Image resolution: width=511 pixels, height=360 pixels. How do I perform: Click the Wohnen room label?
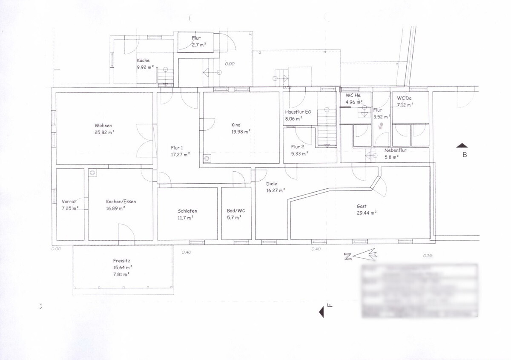tap(103, 126)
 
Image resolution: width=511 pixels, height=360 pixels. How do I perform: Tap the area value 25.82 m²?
tap(104, 132)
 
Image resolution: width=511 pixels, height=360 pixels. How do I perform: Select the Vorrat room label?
tap(69, 202)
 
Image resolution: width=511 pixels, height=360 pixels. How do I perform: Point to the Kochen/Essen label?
tap(121, 202)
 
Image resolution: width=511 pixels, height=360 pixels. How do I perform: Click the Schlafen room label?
tap(187, 211)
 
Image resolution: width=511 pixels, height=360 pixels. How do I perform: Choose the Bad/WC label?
tap(236, 211)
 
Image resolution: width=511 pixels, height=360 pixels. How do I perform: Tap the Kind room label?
tap(236, 125)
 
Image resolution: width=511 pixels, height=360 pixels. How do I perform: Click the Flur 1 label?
tap(178, 148)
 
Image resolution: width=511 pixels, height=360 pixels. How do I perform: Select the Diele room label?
tap(272, 184)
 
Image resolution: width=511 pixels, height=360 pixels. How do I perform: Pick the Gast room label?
tap(362, 206)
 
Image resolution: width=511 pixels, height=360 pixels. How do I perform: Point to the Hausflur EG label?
tap(298, 112)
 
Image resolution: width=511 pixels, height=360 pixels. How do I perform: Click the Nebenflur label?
tap(396, 150)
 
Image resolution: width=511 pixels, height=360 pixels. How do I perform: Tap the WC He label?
tap(353, 95)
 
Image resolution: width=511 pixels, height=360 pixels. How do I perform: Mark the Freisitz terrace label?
tap(122, 260)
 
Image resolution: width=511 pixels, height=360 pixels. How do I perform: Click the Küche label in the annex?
tap(143, 60)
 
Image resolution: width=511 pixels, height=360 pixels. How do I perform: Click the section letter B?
tap(465, 155)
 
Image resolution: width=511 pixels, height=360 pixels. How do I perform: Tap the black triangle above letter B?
tap(462, 146)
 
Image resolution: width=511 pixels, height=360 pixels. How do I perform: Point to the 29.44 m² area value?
tap(367, 213)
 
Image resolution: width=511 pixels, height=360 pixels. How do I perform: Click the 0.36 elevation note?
tap(428, 256)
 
